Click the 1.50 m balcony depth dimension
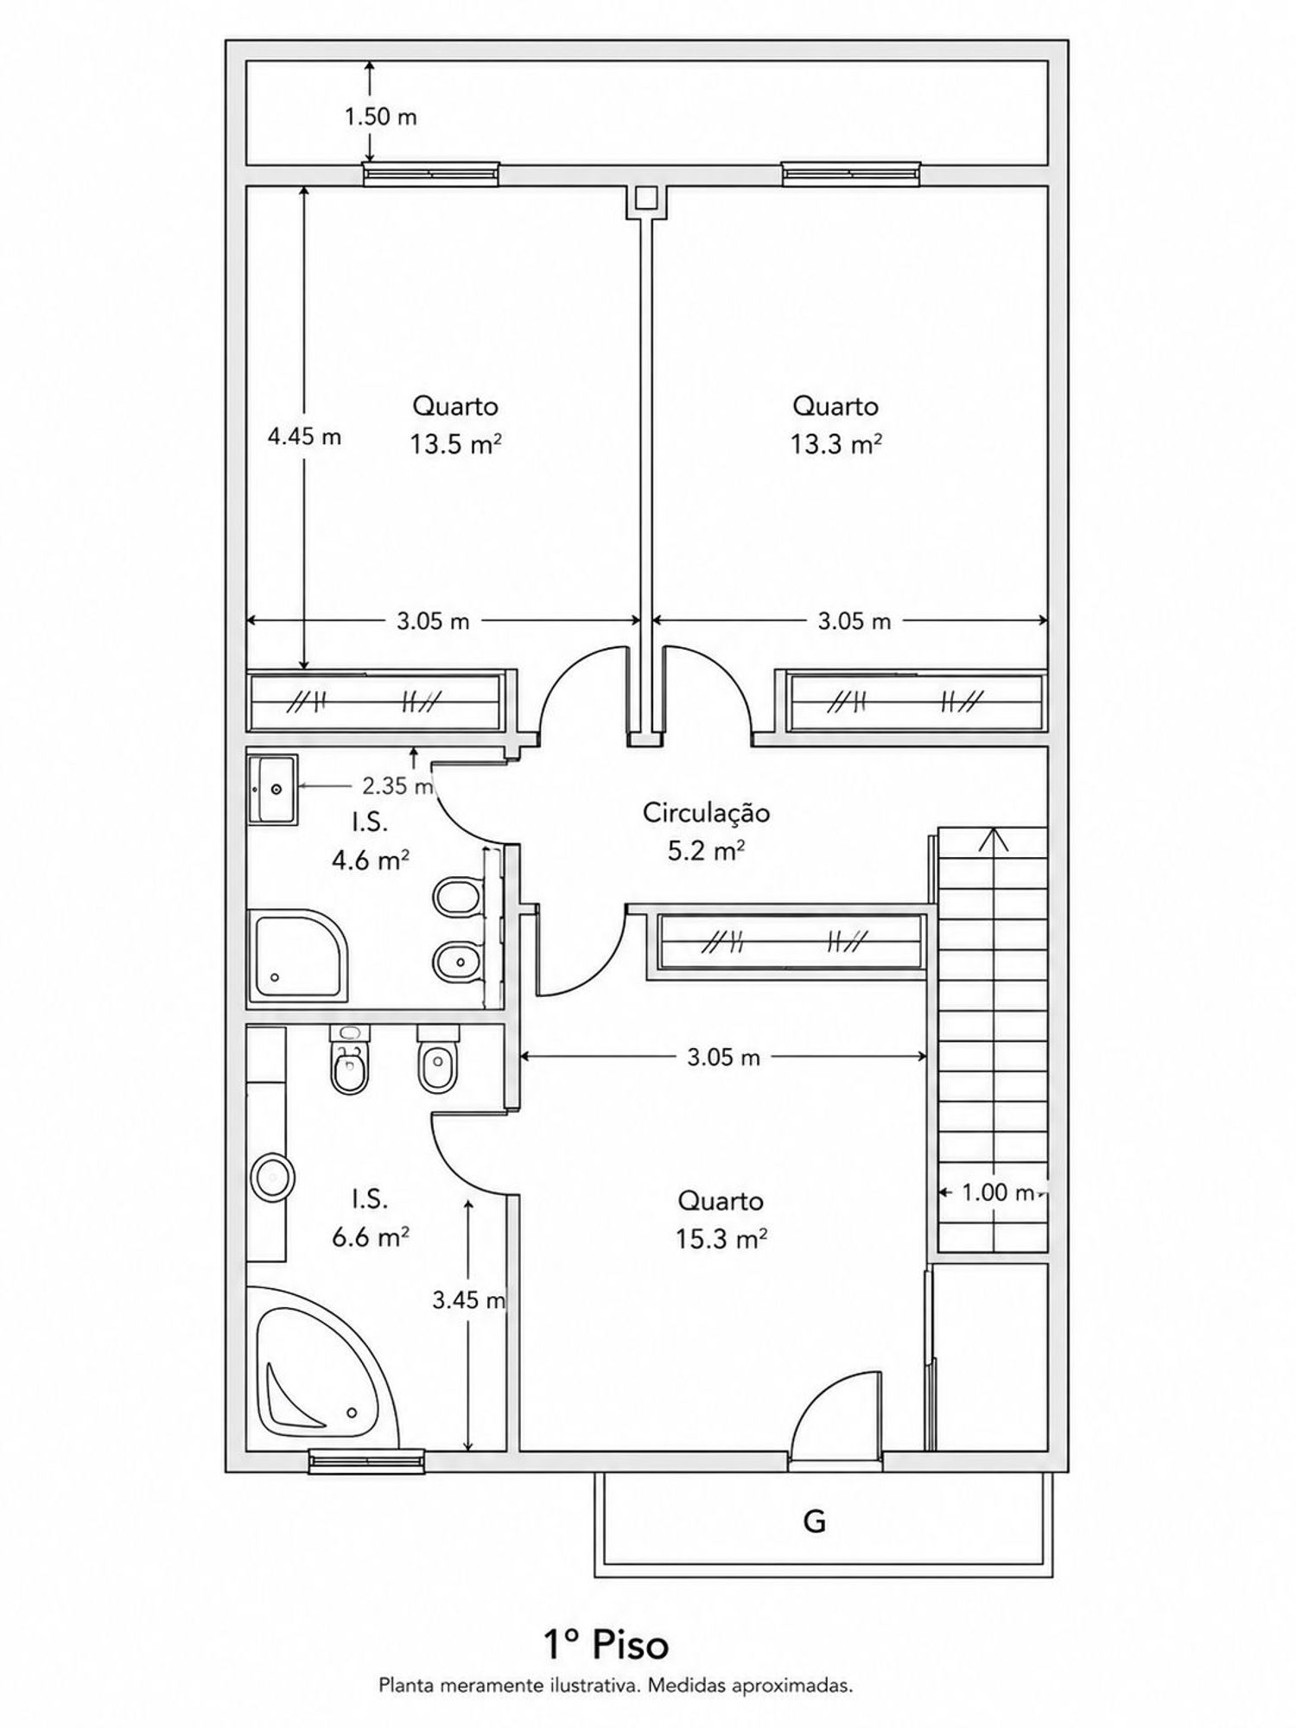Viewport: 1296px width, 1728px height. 381,117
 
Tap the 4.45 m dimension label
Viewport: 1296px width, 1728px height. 304,436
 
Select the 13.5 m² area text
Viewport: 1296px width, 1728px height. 455,444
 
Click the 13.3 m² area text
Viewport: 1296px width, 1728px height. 835,444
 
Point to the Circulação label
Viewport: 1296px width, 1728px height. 706,813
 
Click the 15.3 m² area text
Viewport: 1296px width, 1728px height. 721,1240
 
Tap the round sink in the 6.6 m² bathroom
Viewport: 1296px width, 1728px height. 273,1177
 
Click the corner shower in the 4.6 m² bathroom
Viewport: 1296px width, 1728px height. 297,956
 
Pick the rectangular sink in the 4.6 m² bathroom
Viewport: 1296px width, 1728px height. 273,789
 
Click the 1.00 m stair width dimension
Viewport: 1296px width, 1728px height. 998,1193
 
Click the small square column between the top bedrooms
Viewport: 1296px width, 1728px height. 645,200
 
